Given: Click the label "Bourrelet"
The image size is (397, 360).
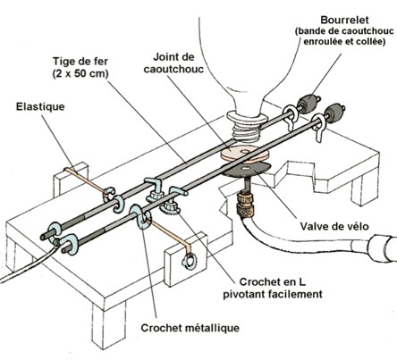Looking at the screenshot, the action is [344, 21].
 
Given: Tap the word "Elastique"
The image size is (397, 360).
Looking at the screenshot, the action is [40, 106].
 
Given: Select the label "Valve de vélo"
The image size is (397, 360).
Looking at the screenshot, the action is [334, 226].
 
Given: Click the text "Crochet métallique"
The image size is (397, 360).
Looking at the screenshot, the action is [190, 328].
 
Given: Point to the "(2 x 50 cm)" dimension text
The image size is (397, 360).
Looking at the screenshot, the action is [80, 73].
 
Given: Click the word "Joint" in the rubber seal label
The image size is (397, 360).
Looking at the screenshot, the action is [165, 57].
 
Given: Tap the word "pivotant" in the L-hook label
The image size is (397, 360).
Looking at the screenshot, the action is [244, 294].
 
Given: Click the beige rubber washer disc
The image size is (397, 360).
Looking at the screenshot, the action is [244, 154].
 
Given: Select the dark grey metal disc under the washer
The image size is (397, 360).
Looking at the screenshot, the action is [247, 171].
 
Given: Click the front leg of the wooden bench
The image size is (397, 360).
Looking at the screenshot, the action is [108, 324].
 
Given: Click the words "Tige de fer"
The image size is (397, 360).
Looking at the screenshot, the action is [80, 62].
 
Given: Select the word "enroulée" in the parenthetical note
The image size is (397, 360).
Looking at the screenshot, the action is [322, 42].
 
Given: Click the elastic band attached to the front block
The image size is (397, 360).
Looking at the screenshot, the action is [169, 233].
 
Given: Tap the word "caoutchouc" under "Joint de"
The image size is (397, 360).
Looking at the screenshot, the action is [173, 69].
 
